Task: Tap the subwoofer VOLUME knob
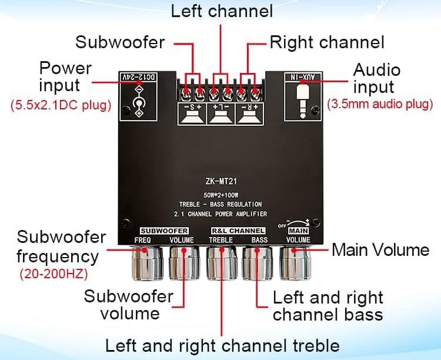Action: coord(185,263)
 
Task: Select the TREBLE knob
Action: coord(222,263)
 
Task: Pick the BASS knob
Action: coord(258,263)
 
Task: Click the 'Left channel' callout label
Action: coord(222,11)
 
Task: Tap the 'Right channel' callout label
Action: coord(327,42)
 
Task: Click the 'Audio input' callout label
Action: coord(376,78)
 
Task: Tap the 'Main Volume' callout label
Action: coord(380,249)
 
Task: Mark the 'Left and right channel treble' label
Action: coord(222,345)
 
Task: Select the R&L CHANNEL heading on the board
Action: coord(239,230)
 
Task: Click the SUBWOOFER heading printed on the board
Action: coord(165,230)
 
